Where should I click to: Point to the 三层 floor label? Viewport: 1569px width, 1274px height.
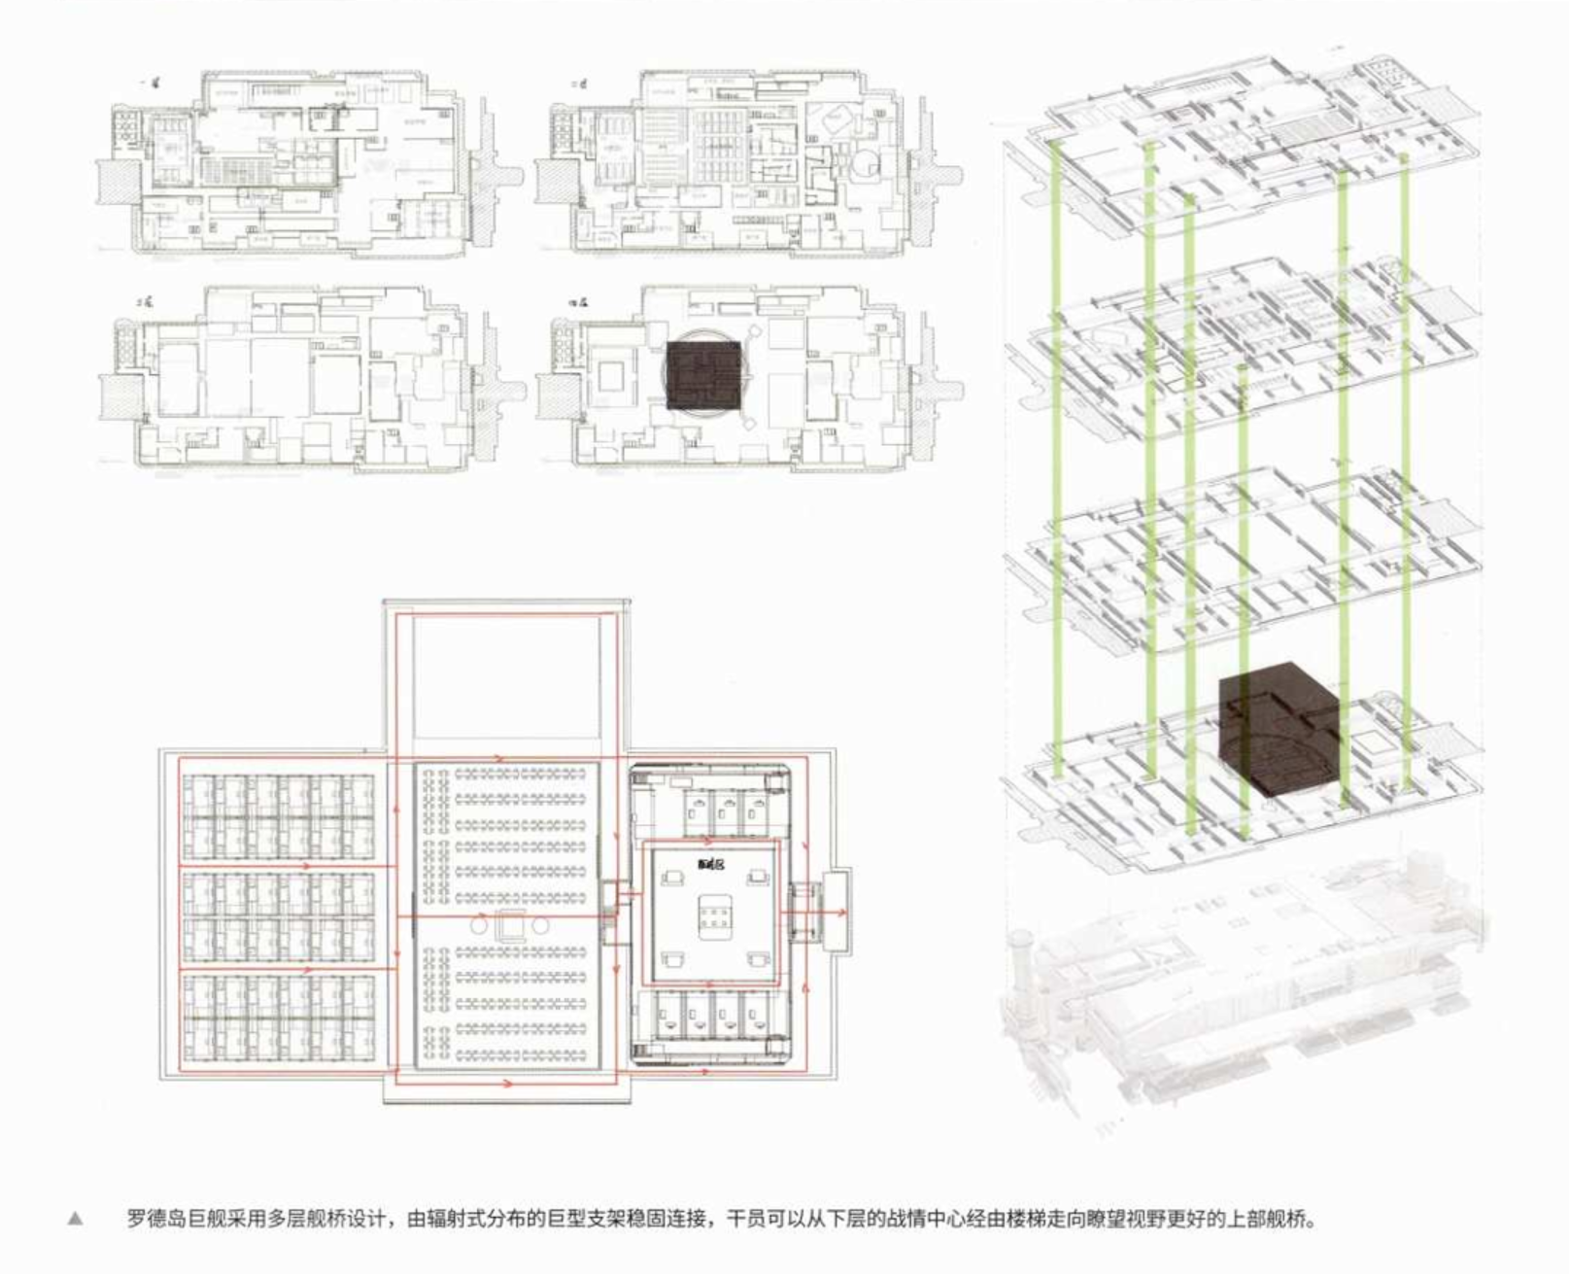click(x=146, y=303)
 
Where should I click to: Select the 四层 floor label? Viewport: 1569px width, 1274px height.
click(x=583, y=303)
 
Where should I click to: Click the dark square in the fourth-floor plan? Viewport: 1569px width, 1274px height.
click(x=703, y=374)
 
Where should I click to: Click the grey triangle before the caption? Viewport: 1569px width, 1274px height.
click(x=75, y=1219)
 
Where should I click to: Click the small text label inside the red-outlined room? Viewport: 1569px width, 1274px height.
click(x=710, y=864)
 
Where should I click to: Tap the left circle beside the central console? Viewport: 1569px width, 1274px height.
click(x=479, y=926)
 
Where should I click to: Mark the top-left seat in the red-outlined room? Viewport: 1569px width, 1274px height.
click(x=669, y=879)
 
